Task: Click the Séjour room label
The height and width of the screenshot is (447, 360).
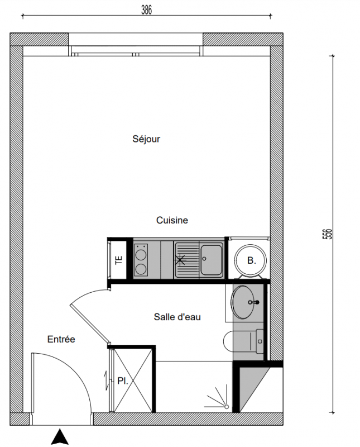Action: click(146, 139)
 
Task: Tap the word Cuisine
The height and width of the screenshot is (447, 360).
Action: click(172, 220)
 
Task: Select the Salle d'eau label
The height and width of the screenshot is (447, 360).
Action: click(177, 317)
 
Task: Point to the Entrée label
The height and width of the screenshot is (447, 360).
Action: click(61, 339)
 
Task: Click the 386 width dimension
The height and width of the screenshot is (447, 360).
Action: click(147, 10)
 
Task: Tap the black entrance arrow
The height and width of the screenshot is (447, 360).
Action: click(60, 436)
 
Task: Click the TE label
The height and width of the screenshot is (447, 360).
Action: click(119, 260)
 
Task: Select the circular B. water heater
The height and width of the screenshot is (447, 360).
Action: click(251, 260)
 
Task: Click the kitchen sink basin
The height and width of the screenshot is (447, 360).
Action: click(212, 259)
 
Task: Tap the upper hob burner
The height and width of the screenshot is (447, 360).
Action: click(141, 254)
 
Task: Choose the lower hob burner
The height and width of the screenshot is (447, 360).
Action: click(141, 269)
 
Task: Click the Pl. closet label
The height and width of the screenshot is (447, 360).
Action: click(122, 381)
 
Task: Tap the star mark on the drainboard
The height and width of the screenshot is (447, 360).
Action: click(180, 260)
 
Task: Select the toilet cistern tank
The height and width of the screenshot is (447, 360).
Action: click(260, 341)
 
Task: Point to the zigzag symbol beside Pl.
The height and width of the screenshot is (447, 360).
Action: click(107, 381)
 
